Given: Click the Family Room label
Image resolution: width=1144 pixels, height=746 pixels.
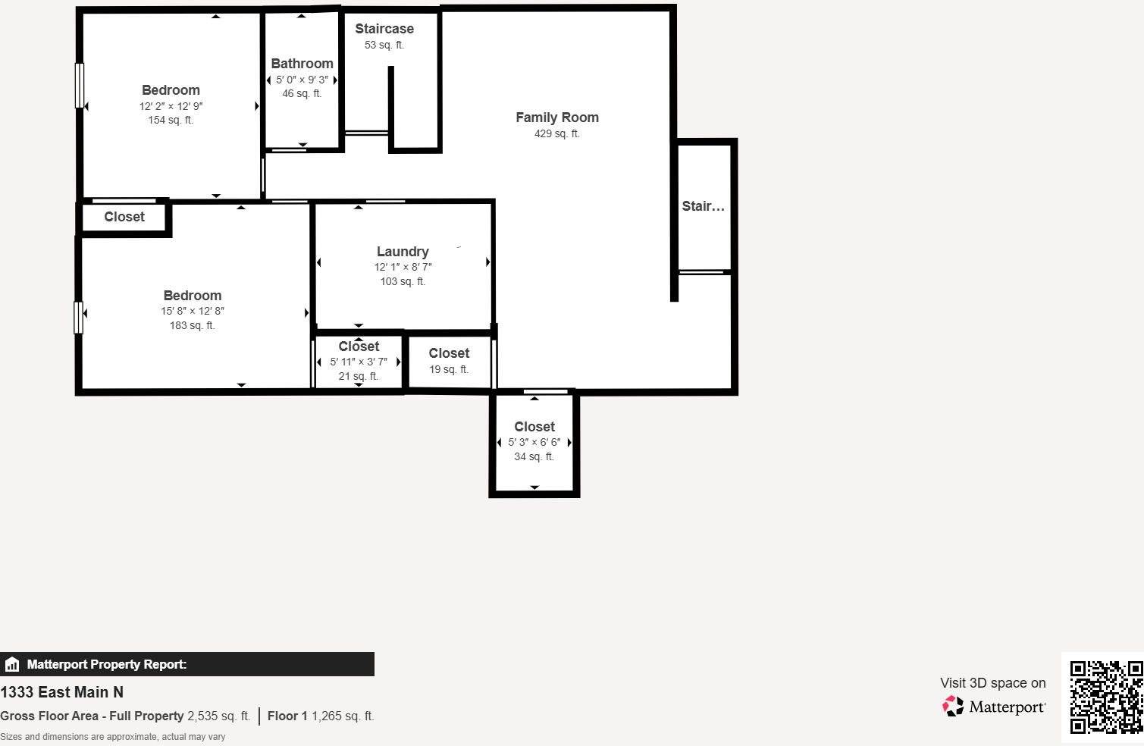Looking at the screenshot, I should (557, 118).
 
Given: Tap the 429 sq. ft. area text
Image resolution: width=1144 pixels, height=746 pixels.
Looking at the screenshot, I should (557, 134).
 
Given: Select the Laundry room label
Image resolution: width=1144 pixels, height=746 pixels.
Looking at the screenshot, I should (403, 252).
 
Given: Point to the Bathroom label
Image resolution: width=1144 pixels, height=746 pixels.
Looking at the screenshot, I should (302, 64).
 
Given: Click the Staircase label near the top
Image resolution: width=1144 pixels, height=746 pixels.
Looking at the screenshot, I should (384, 29).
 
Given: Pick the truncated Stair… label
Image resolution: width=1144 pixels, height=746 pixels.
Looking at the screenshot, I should (703, 206).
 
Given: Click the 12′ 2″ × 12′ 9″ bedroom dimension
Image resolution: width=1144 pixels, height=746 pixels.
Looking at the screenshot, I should (171, 106).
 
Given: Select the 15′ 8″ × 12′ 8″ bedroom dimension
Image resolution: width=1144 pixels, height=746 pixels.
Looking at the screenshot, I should (192, 311).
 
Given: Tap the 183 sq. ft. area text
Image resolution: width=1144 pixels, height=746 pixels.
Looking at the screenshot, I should (192, 325).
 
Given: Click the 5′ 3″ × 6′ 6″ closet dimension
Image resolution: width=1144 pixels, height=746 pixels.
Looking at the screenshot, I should (534, 442).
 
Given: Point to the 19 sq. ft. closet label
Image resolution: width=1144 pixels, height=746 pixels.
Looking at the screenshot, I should (449, 369).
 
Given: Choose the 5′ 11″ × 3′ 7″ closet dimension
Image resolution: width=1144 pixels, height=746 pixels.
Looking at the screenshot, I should (359, 362).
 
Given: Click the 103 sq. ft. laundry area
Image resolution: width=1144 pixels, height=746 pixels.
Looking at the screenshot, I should (403, 281).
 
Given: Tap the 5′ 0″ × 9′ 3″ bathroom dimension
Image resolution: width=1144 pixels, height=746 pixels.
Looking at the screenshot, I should (302, 80).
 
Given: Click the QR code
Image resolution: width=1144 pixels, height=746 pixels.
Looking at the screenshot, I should (1106, 697).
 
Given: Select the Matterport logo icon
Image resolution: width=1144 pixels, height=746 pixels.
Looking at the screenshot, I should (953, 707).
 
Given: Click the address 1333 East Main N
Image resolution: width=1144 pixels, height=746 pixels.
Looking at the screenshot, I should (61, 692).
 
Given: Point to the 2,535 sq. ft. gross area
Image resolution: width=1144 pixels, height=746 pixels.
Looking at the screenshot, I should (218, 716).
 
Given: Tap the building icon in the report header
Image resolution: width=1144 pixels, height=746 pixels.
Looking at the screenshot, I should (12, 665).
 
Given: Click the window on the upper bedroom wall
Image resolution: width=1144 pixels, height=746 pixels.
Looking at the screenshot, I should (79, 85).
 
